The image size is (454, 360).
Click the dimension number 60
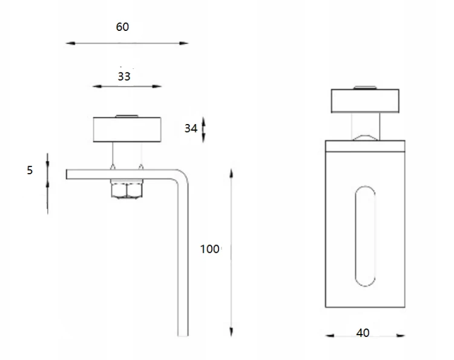coord(122,27)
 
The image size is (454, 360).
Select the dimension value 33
coord(124,76)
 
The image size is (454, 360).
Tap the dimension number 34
coord(191,128)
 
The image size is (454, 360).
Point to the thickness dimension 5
coord(30,170)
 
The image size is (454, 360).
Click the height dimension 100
coord(210,249)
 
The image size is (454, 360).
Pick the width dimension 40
coord(363,333)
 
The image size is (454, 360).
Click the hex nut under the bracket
coord(127,190)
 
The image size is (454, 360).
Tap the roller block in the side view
coord(127,129)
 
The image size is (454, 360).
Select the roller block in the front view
coord(365,100)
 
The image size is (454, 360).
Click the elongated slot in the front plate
coord(365,236)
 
